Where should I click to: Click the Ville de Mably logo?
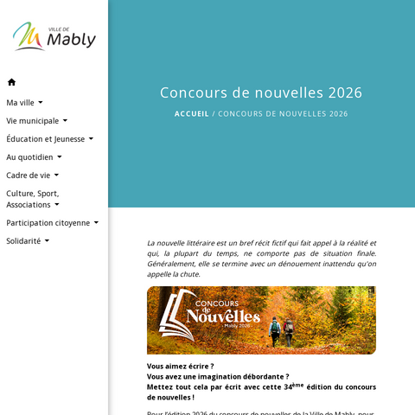[x=54, y=36]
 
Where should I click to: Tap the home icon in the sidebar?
[x=11, y=82]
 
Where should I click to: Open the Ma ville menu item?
[x=20, y=102]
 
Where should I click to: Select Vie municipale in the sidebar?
[x=33, y=121]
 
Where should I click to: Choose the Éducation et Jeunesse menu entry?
[x=45, y=138]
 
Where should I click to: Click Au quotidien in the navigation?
[x=29, y=157]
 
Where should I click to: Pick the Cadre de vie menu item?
[x=28, y=175]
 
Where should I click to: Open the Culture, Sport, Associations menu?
[x=33, y=199]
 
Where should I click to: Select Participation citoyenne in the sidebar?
[x=48, y=222]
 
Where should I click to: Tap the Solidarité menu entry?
[x=23, y=241]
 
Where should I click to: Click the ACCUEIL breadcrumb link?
[x=191, y=113]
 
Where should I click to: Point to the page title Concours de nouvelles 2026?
[x=261, y=93]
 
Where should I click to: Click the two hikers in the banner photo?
[x=282, y=330]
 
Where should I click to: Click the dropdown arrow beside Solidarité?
[x=47, y=241]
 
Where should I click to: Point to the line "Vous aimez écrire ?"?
[x=181, y=366]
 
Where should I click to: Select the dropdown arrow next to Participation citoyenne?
[x=96, y=222]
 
